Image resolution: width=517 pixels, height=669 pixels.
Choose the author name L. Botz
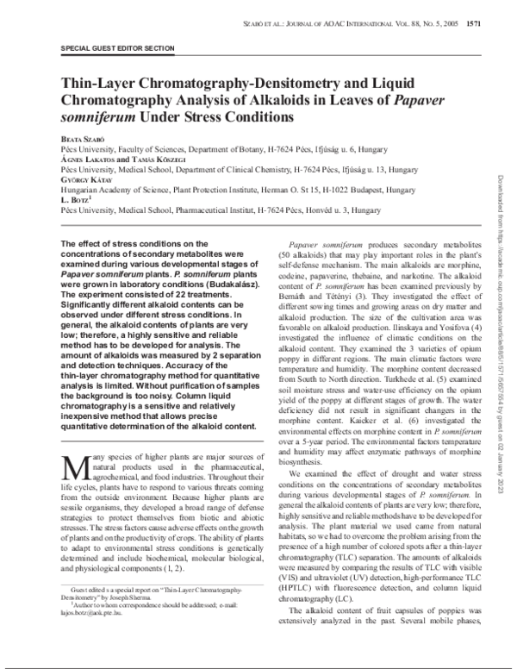[x=75, y=200]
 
